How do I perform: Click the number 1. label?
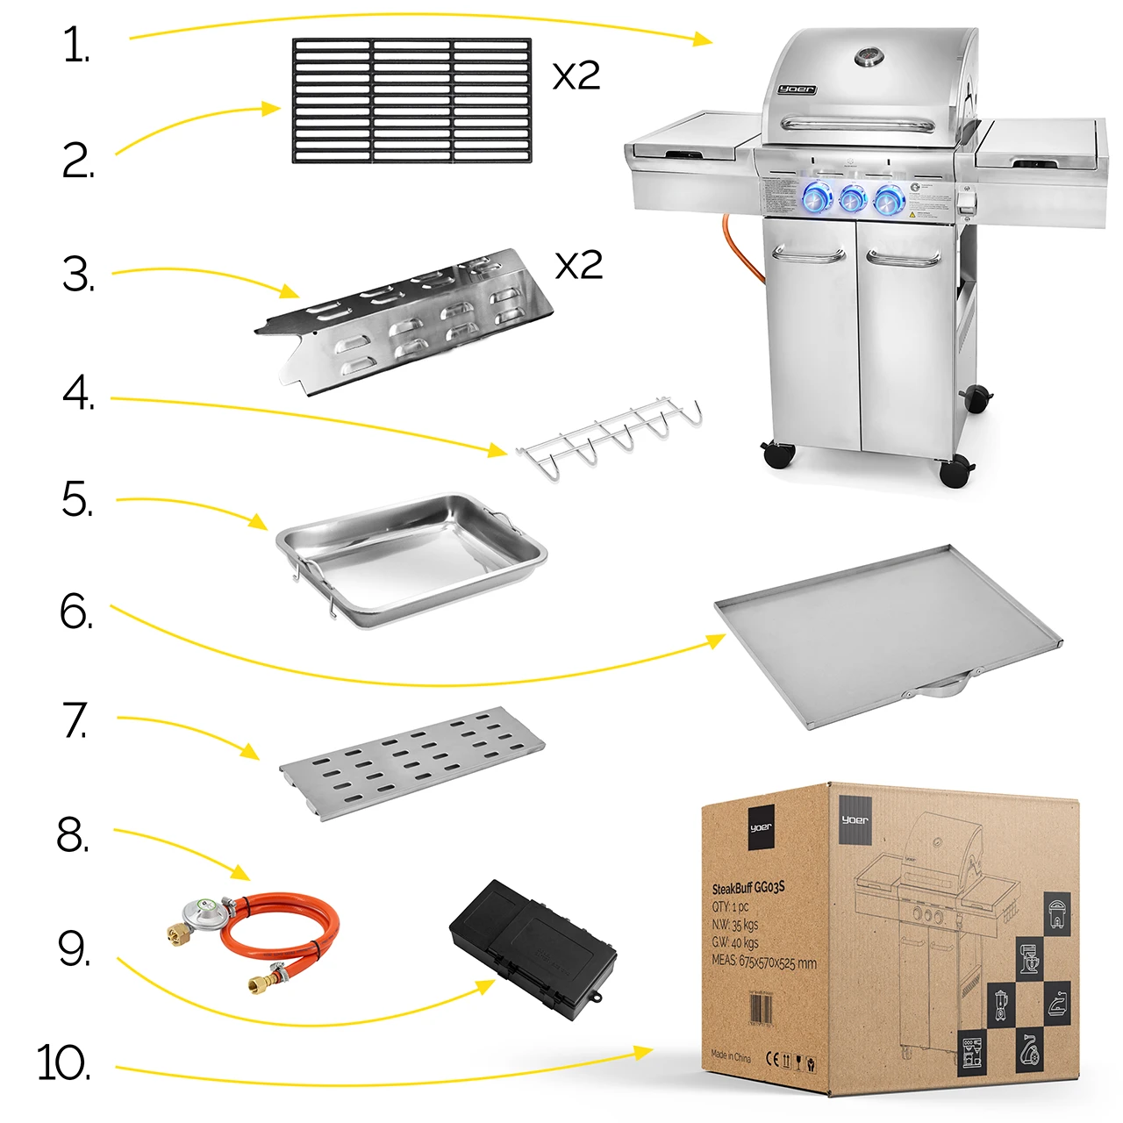pos(76,46)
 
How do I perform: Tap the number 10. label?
pos(63,1062)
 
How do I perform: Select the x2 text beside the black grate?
pos(576,76)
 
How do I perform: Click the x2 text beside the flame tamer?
pos(579,265)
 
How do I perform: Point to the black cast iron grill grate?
pos(411,100)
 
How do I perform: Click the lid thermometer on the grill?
pos(869,58)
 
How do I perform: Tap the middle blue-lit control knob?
pos(852,199)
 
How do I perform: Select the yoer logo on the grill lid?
pos(797,89)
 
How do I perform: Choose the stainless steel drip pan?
pos(411,558)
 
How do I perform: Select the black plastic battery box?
pos(533,949)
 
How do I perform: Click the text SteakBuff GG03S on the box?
pos(748,888)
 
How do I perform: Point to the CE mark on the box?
pos(772,1059)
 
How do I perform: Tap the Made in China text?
pos(731,1055)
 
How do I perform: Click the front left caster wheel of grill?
pos(778,454)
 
